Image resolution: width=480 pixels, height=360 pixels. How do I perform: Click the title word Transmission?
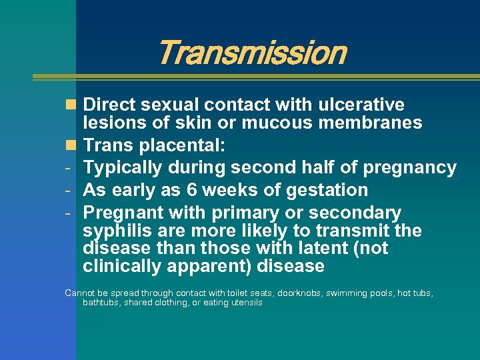click(253, 53)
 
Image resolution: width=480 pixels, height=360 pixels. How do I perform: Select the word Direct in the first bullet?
click(109, 105)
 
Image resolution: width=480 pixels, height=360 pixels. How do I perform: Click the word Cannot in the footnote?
click(79, 293)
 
